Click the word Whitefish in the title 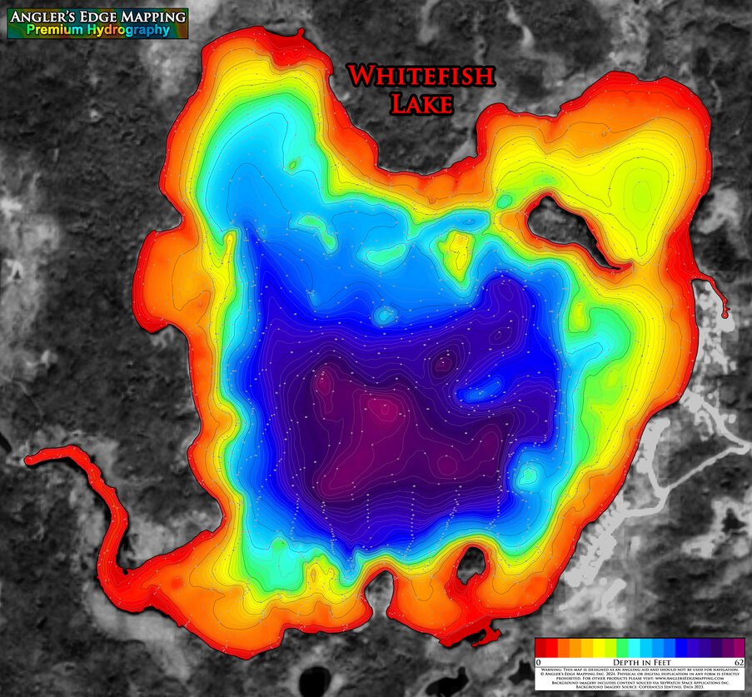(421, 77)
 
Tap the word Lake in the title (422, 103)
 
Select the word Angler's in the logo (42, 17)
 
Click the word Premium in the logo (56, 30)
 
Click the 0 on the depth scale (538, 660)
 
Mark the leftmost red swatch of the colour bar (540, 647)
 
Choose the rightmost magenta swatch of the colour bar (737, 647)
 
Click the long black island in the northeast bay (570, 229)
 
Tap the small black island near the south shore (471, 565)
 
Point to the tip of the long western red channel (31, 459)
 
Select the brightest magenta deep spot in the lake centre (382, 408)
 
